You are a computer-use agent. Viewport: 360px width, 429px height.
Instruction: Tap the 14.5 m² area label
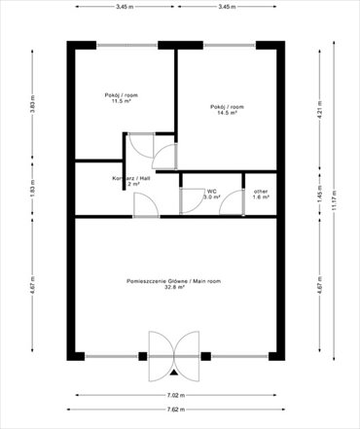(x=227, y=113)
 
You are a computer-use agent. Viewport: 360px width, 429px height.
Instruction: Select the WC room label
(x=211, y=191)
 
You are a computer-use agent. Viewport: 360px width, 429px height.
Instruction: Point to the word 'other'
(x=261, y=191)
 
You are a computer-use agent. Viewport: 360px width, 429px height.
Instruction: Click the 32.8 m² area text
(x=175, y=287)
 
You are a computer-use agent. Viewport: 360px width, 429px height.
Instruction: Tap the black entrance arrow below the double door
(x=174, y=372)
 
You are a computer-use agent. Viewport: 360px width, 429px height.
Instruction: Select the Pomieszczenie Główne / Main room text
(x=175, y=280)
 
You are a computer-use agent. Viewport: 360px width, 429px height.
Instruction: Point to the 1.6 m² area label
(x=261, y=197)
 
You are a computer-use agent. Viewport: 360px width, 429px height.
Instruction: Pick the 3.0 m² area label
(x=211, y=197)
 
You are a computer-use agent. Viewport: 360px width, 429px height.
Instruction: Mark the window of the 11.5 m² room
(x=126, y=44)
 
